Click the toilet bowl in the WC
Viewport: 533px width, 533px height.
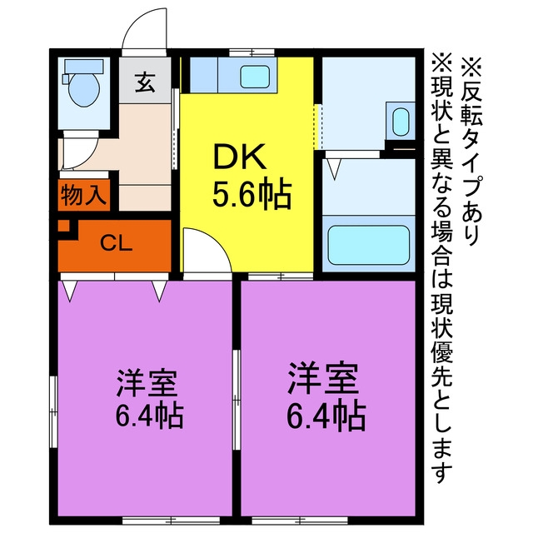pyautogui.click(x=84, y=90)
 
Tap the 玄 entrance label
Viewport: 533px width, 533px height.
pyautogui.click(x=145, y=82)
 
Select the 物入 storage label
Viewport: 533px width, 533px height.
pyautogui.click(x=82, y=196)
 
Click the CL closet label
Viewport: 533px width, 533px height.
pyautogui.click(x=117, y=243)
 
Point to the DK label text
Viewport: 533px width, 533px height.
pyautogui.click(x=239, y=157)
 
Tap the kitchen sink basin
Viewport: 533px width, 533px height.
pyautogui.click(x=255, y=76)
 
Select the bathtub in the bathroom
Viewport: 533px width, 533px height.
pyautogui.click(x=368, y=245)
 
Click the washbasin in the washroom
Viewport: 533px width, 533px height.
pyautogui.click(x=401, y=122)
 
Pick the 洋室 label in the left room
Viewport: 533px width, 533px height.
pyautogui.click(x=147, y=383)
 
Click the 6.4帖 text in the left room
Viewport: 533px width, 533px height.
pyautogui.click(x=150, y=416)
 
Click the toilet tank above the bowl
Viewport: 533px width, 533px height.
pyautogui.click(x=84, y=67)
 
